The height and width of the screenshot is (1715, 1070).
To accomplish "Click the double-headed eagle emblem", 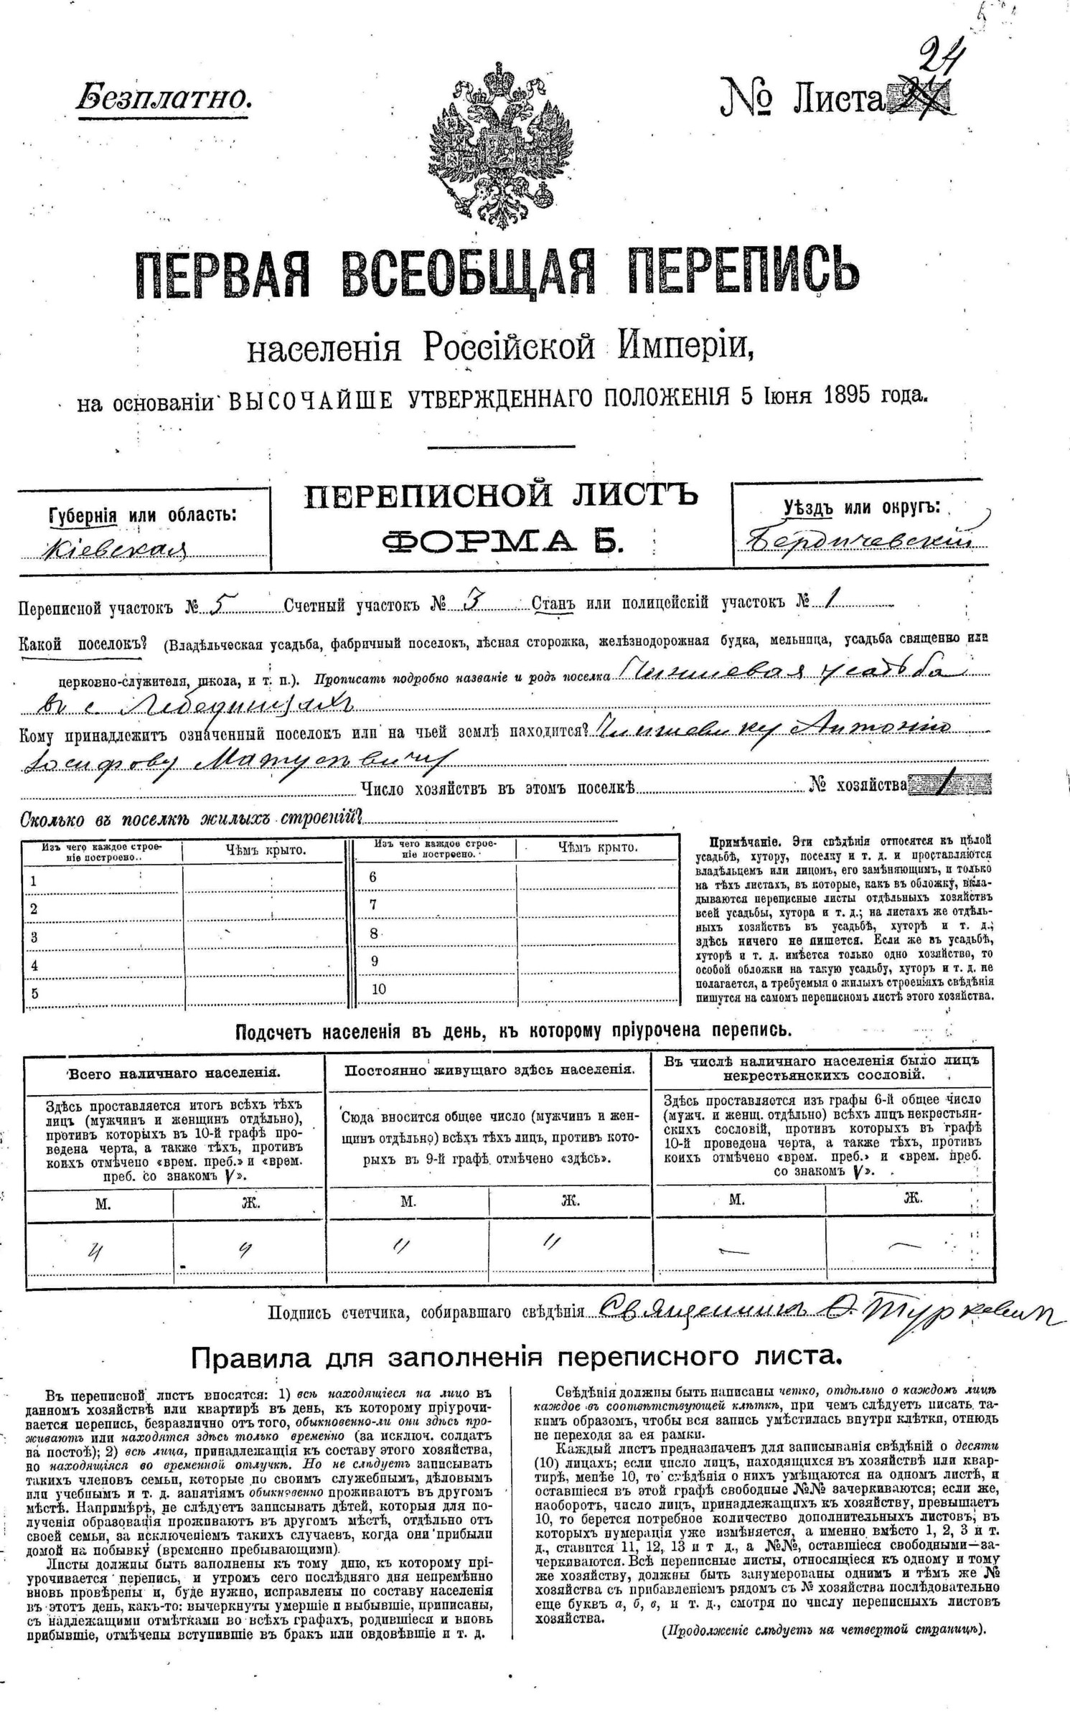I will pyautogui.click(x=502, y=146).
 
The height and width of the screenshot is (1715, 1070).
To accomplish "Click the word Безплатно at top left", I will pyautogui.click(x=164, y=96).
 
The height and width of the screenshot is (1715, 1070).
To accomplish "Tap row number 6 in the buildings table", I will pyautogui.click(x=373, y=877).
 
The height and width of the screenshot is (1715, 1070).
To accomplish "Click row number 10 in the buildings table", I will pyautogui.click(x=379, y=988).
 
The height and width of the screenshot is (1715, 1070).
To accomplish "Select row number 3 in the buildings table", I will pyautogui.click(x=34, y=937).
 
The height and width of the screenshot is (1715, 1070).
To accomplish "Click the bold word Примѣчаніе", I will pyautogui.click(x=740, y=841).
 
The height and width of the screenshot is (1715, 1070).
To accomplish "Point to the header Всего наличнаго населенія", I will pyautogui.click(x=174, y=1073).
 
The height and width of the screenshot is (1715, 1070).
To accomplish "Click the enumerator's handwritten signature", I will pyautogui.click(x=825, y=1312).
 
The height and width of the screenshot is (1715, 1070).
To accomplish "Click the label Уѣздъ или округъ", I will pyautogui.click(x=861, y=507).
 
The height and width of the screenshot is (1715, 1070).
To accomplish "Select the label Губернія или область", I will pyautogui.click(x=142, y=515).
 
